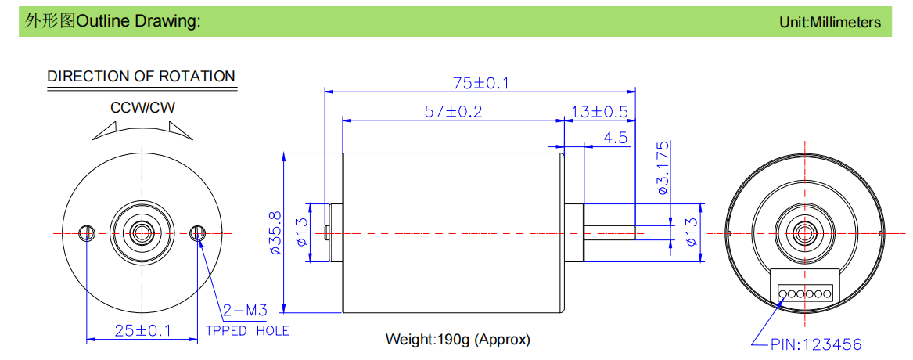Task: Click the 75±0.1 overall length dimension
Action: (481, 83)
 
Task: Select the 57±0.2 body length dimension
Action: (454, 112)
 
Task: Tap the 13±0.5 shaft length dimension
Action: (600, 112)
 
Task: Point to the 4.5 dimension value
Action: (616, 138)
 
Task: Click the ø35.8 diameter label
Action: (275, 233)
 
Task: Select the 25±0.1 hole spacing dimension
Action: (143, 331)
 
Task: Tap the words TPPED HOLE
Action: (247, 332)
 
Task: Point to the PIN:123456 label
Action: (816, 345)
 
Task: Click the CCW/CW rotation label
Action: (142, 108)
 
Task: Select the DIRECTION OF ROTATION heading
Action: (142, 77)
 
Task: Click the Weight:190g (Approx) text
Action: (458, 340)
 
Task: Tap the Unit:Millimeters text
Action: (830, 22)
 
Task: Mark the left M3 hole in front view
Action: (87, 233)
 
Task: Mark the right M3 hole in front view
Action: (198, 233)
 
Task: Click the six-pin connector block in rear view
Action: (805, 286)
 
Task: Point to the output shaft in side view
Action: (609, 233)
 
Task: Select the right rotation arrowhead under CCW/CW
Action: (179, 131)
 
